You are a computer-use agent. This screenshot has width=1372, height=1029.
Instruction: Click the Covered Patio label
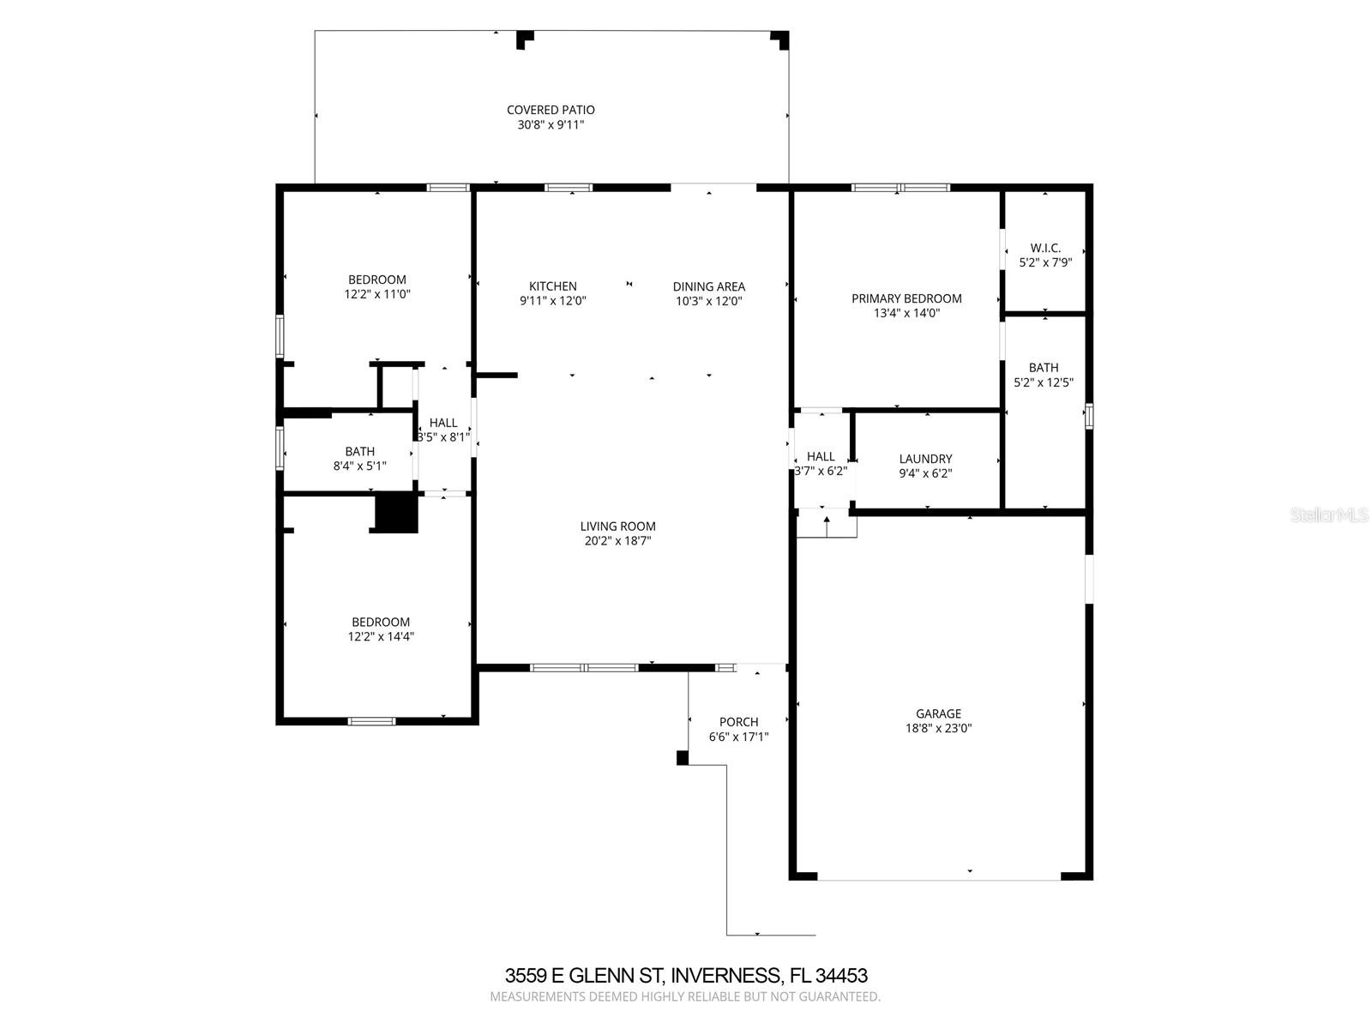550,110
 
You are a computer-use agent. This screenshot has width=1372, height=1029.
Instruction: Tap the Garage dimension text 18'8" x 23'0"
938,729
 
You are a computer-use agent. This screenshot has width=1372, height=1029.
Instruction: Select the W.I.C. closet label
1044,248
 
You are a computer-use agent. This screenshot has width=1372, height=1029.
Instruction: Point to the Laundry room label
925,459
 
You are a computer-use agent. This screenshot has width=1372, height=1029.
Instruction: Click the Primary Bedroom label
906,298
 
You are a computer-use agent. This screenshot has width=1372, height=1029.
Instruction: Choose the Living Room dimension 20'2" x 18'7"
617,541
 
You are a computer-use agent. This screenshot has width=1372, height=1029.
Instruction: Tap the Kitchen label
552,286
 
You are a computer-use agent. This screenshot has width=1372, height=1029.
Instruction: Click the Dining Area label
708,286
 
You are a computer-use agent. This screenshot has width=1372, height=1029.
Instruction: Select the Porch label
738,722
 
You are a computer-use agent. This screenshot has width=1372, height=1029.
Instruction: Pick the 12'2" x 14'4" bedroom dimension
380,637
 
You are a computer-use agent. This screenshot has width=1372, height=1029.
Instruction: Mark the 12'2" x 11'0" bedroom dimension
376,294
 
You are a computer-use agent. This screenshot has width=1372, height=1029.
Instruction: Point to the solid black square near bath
396,513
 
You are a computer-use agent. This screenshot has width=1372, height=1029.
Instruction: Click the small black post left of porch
683,758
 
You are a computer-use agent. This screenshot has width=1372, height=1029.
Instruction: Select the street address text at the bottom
685,976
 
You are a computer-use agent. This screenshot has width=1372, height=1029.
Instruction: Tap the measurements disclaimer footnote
685,997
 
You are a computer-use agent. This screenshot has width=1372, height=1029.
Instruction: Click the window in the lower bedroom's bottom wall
371,721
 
